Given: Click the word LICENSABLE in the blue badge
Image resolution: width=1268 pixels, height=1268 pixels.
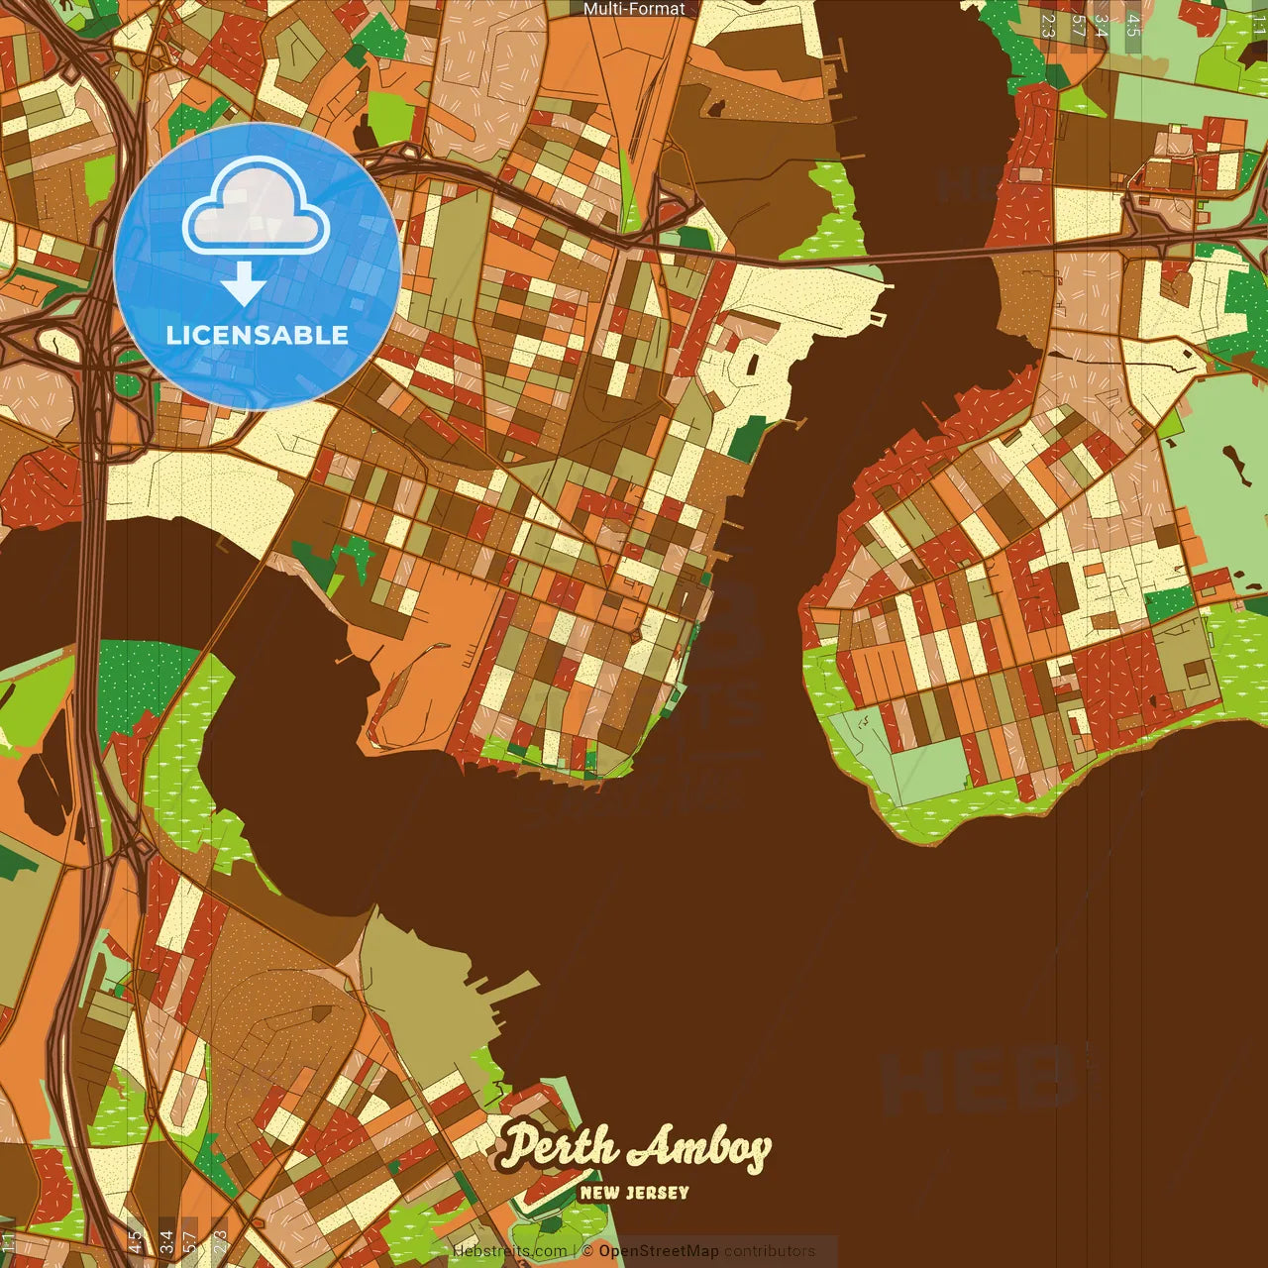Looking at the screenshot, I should coord(258,335).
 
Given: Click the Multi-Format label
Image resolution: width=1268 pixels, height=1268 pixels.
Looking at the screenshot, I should coord(634,9).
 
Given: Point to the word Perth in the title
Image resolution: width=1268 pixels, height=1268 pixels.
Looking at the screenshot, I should coord(560,1147).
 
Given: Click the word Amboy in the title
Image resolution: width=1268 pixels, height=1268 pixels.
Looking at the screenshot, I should coord(700,1149).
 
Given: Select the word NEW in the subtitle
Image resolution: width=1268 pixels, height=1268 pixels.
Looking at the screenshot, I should coord(598,1193).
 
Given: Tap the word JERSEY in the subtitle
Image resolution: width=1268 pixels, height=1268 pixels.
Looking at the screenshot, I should coord(657,1193).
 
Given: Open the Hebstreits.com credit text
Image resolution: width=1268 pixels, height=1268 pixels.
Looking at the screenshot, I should coord(509,1251).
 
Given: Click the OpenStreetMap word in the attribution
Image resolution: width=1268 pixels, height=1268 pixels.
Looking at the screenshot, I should coord(658,1251).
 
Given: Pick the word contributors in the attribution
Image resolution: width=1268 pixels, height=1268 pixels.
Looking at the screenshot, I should coord(769,1251).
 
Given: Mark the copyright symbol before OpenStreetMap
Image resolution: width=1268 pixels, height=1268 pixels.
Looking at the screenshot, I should coord(587,1251).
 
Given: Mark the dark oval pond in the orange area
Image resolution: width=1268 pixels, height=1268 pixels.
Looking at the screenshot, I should coord(40,783).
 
